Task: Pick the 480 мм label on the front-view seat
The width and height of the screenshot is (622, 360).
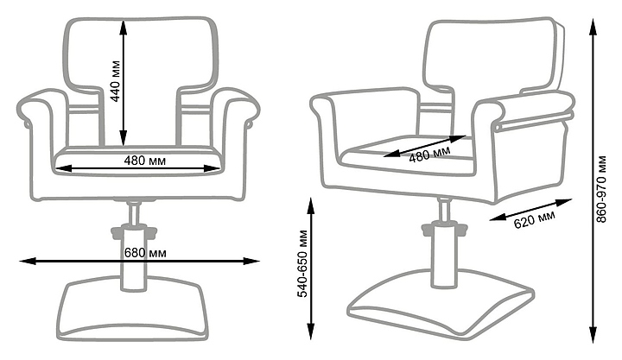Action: coord(145,161)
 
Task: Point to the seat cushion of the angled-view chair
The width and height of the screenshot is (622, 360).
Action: coord(406,155)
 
